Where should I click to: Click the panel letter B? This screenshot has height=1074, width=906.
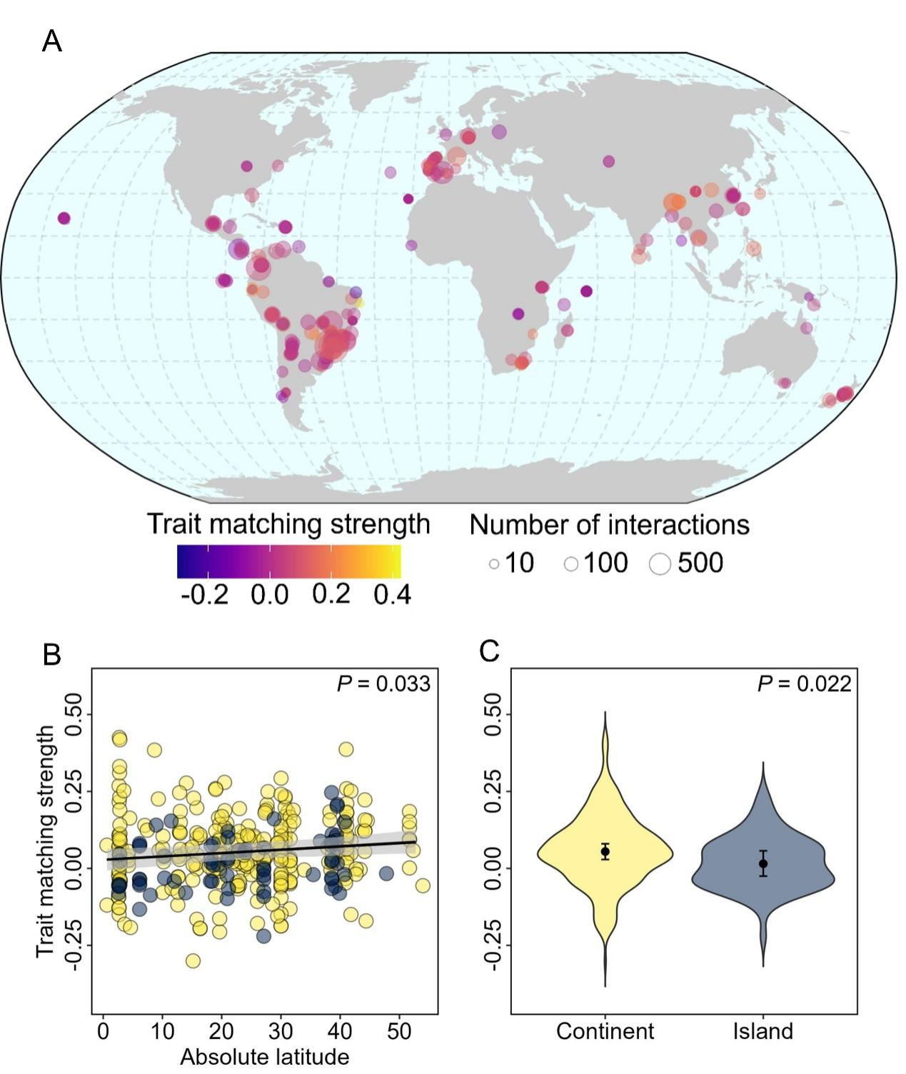[51, 654]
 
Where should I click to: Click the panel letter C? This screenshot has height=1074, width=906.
[489, 651]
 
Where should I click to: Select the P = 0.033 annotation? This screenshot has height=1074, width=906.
[383, 684]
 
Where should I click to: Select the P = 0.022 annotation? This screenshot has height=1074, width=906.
[804, 684]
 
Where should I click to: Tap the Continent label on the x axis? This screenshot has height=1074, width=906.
[605, 1031]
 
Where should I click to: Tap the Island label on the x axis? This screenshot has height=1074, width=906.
[762, 1031]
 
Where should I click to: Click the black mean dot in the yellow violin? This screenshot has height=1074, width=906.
[605, 851]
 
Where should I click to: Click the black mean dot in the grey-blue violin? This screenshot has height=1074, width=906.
[763, 863]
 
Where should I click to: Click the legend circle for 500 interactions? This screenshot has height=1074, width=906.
[660, 564]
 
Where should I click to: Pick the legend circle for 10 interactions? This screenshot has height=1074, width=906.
[494, 564]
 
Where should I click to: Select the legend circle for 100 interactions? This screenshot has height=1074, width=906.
[570, 564]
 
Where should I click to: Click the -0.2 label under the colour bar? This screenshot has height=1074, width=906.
[205, 594]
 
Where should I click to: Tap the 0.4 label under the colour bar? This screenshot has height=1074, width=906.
[392, 594]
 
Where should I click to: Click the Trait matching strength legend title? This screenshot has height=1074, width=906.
[288, 524]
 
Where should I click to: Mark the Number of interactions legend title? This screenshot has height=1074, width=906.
[609, 525]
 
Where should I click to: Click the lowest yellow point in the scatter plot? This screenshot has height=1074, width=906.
[193, 960]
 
